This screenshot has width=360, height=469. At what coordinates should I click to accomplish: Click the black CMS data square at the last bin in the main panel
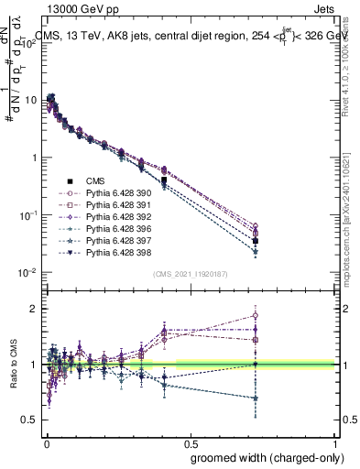[256, 241]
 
